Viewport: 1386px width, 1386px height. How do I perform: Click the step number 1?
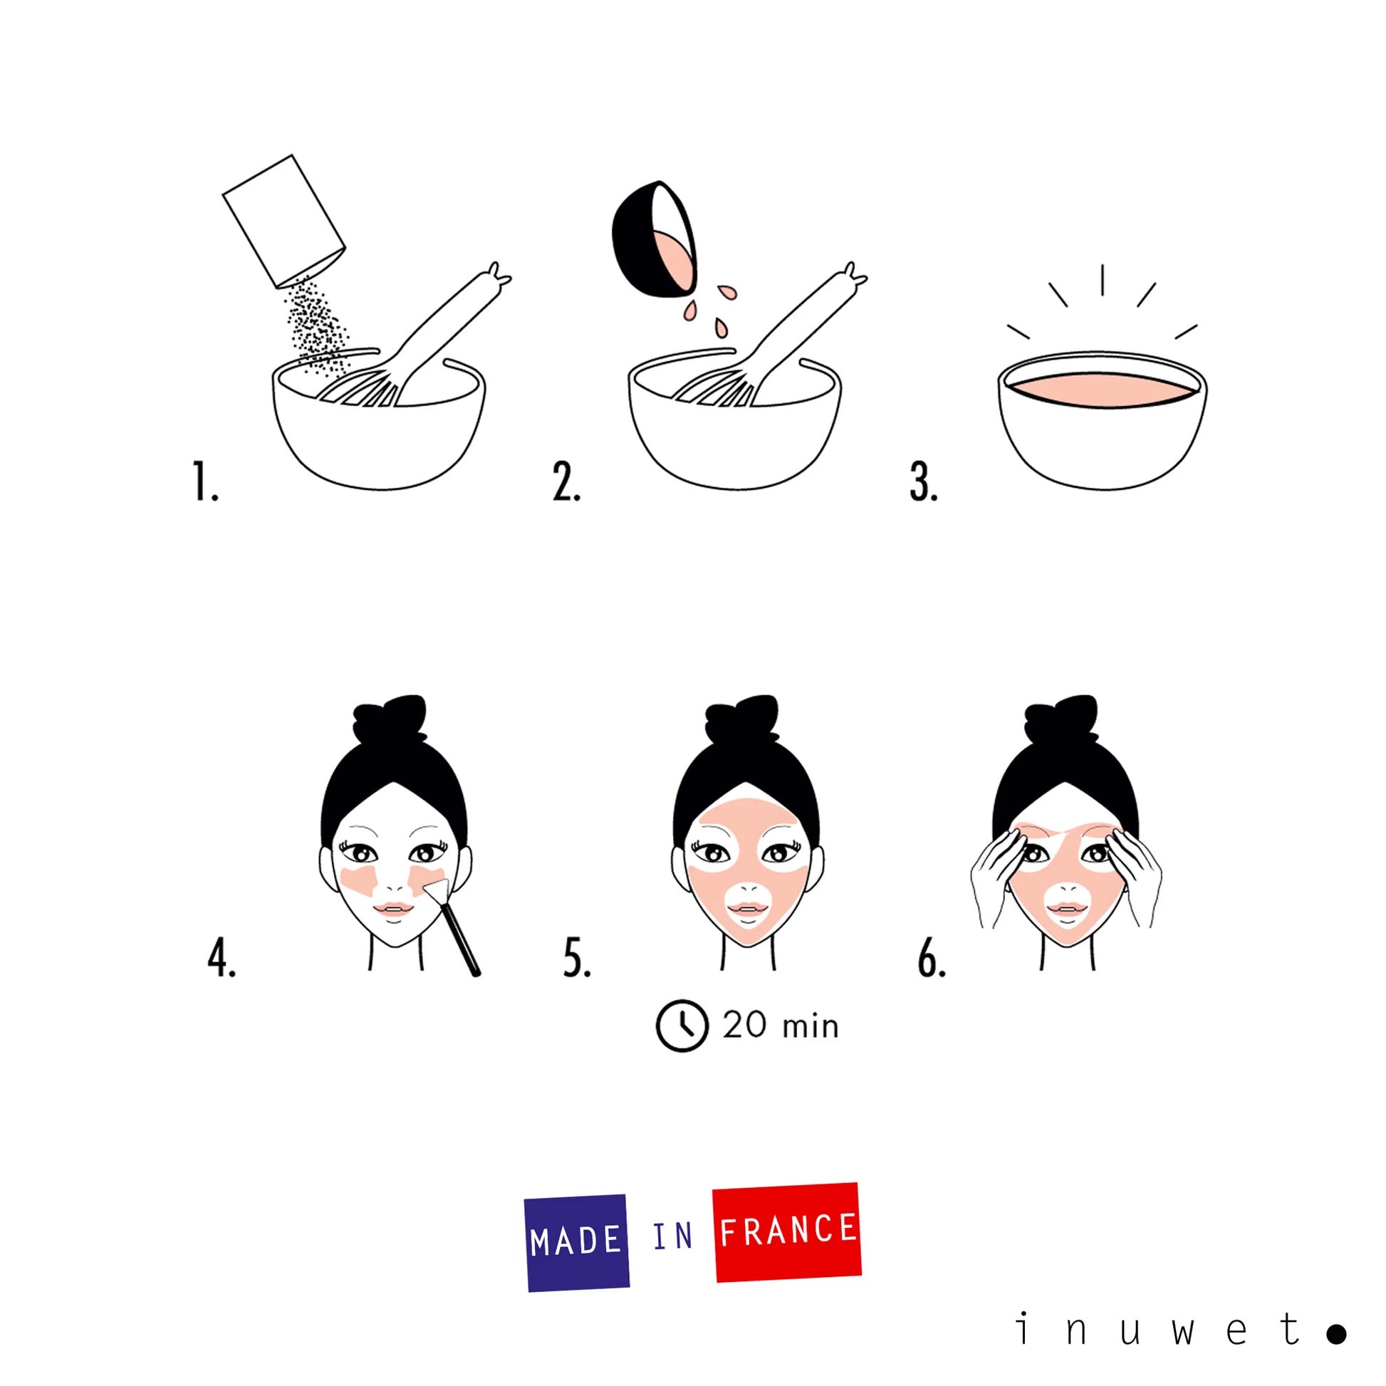[204, 482]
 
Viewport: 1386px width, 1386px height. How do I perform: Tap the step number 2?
[566, 482]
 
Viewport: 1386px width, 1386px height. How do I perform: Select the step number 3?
[922, 482]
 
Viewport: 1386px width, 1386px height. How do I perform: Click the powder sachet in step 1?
[283, 221]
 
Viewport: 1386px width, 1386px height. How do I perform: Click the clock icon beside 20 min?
[682, 1026]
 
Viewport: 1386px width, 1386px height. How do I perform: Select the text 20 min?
[781, 1026]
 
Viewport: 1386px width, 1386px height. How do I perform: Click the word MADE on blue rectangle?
[576, 1241]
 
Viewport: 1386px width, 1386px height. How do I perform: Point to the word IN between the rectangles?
[672, 1236]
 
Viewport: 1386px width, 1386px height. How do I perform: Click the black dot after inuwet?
[1335, 1333]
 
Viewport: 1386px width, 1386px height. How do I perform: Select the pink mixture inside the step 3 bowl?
[1101, 390]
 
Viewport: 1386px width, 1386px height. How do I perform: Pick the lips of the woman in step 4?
[393, 908]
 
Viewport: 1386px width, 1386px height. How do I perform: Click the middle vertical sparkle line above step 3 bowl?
[1102, 280]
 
